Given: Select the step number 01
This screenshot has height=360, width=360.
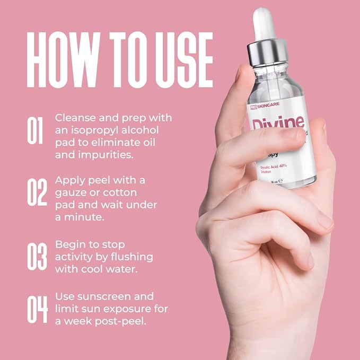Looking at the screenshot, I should click(35, 130).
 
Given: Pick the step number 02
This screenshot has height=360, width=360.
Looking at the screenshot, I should click(37, 192).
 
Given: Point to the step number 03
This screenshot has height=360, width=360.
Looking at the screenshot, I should click(37, 257).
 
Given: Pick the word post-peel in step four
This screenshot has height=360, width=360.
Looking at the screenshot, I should click(123, 321).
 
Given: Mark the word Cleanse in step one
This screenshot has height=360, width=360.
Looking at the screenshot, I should click(74, 118).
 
